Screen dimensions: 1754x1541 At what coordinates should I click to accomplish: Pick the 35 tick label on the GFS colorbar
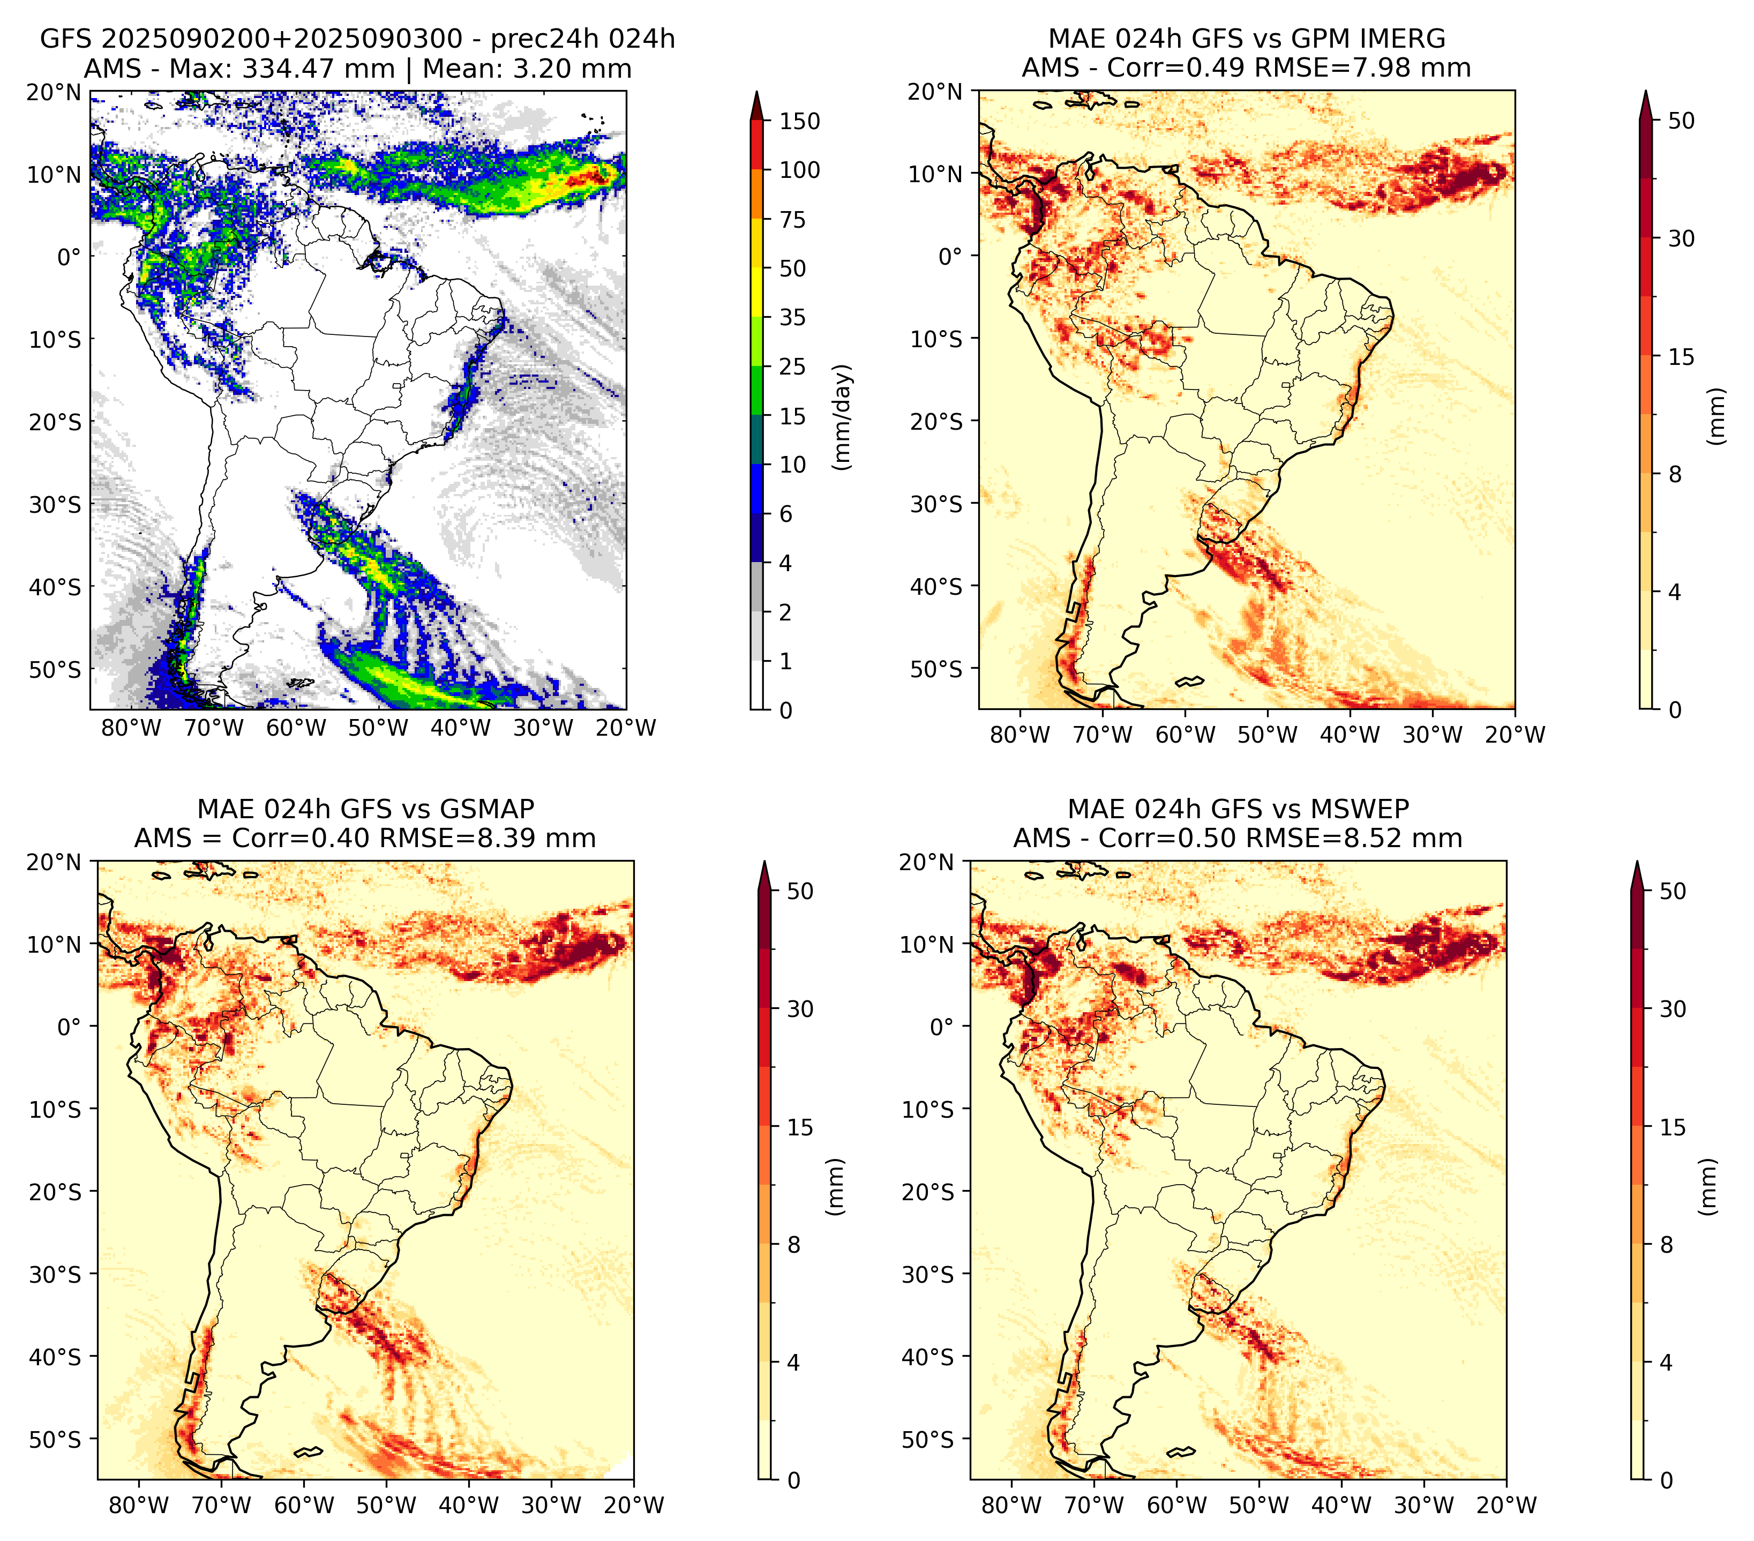(x=793, y=317)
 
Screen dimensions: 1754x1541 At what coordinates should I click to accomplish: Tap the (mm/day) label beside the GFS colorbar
(x=844, y=417)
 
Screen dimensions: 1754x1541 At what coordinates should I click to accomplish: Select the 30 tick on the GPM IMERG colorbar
(x=1681, y=238)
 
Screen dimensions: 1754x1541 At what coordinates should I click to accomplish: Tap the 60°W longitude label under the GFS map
(x=296, y=729)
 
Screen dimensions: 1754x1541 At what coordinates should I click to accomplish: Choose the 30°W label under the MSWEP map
(x=1423, y=1505)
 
